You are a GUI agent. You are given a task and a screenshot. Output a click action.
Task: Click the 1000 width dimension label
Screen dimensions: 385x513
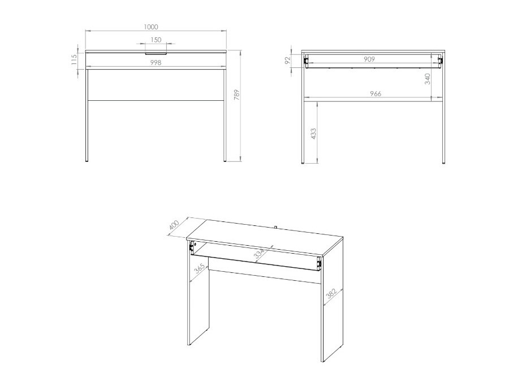(x=150, y=27)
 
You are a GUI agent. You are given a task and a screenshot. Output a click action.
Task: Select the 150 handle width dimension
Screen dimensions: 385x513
(x=156, y=40)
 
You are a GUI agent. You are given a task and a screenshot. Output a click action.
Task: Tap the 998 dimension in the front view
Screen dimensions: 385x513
(x=156, y=63)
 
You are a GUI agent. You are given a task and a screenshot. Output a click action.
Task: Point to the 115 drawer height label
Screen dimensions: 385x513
(x=74, y=59)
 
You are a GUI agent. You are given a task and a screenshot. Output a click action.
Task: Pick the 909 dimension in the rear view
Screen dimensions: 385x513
(x=371, y=59)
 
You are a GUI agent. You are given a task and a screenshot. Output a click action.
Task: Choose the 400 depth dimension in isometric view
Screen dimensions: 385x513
(x=174, y=225)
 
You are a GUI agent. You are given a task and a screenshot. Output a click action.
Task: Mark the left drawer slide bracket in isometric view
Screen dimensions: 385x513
(x=192, y=247)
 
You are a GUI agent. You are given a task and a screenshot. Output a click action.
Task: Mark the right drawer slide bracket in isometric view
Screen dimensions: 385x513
(x=319, y=262)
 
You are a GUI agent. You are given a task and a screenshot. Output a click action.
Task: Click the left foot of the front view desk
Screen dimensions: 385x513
(x=87, y=162)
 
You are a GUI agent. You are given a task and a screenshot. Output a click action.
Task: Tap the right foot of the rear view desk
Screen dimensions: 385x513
(x=443, y=162)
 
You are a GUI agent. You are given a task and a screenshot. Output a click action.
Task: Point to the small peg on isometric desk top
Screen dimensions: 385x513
(x=275, y=228)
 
